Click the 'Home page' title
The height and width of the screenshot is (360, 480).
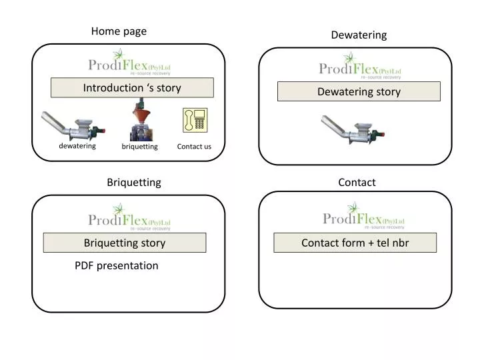119,31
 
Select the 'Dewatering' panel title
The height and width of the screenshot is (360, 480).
359,35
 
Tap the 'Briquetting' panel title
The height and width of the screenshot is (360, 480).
134,182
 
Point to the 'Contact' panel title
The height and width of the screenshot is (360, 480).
357,182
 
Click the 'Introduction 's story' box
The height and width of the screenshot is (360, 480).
132,87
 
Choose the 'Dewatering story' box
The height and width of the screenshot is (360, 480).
359,91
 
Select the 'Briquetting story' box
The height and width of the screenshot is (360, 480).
125,243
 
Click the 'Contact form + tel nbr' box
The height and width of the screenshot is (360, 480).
355,243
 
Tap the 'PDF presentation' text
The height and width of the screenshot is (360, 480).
117,265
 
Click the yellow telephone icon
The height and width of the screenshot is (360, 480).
195,121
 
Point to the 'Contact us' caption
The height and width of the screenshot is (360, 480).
194,146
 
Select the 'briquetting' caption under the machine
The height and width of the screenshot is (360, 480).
139,146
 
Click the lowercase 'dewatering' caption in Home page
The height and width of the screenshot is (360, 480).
77,145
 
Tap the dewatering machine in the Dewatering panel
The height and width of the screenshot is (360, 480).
352,131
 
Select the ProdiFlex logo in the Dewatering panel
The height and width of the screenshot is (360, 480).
360,67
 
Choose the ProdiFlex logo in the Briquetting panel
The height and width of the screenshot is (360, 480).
129,218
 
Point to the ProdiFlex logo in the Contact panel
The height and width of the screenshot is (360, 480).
363,217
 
